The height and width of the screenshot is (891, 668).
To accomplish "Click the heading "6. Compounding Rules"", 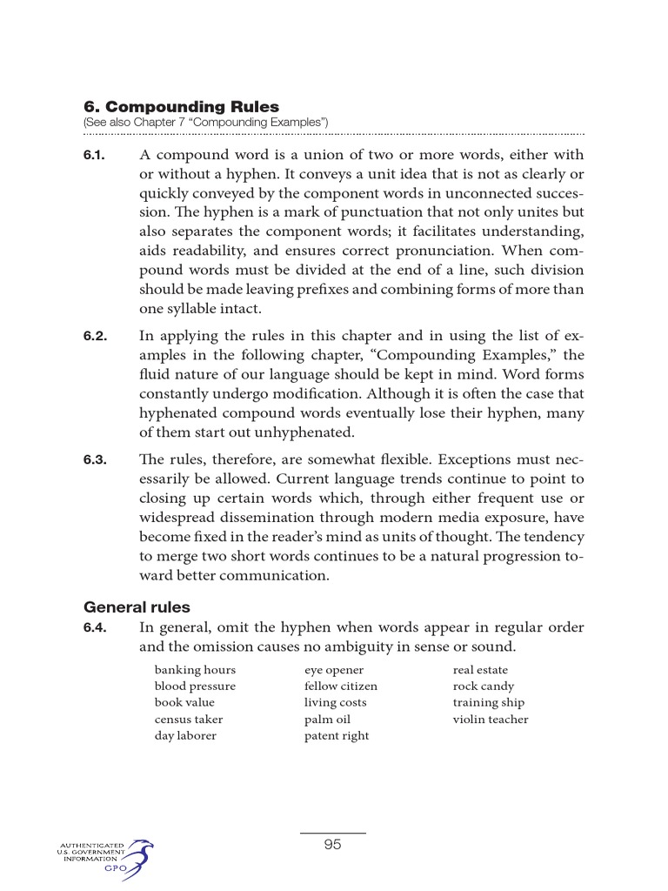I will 181,108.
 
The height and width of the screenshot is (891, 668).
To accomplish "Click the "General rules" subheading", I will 137,607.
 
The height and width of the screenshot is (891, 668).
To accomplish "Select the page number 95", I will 332,844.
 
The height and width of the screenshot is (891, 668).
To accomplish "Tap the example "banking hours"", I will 195,670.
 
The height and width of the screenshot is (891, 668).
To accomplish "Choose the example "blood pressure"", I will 195,687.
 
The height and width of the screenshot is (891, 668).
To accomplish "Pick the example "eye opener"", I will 333,670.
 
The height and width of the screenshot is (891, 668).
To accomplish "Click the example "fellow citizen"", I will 340,687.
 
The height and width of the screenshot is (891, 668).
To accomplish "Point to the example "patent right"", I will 336,736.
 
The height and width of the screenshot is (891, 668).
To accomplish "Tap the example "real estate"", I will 480,670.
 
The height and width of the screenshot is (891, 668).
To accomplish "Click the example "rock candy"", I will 483,687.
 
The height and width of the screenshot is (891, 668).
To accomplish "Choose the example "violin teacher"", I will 490,720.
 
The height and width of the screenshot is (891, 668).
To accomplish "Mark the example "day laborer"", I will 185,736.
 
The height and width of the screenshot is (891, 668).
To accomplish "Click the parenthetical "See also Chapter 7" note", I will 205,124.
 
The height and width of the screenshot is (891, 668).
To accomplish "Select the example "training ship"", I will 488,703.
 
